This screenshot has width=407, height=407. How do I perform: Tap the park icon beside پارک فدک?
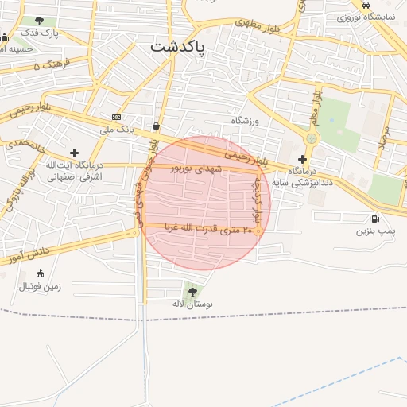coord(40,21)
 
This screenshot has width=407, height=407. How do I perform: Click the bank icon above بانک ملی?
coord(117,117)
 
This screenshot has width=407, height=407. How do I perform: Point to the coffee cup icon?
coord(155,126)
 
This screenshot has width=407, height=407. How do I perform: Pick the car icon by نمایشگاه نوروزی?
coord(366,5)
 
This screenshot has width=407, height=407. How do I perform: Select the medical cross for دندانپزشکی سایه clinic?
coord(302,159)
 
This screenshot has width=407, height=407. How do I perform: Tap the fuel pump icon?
coord(374,219)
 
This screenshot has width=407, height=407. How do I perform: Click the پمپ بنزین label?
coord(374,231)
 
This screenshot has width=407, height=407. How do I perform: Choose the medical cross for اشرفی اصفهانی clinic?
coord(75,153)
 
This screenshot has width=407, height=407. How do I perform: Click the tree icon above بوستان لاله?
coord(192,290)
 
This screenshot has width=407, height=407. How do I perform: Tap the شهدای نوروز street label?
coord(192,169)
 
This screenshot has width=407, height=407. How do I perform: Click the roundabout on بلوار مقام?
coord(311,138)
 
